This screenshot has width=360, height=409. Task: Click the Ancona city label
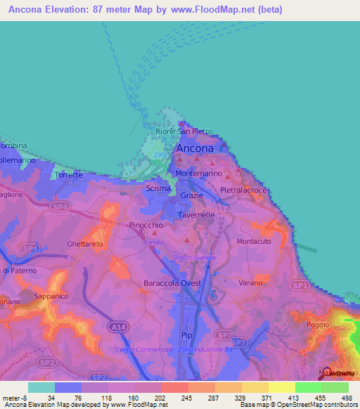(x=195, y=149)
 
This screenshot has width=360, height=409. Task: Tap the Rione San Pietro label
(x=184, y=131)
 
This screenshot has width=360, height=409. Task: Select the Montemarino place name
(x=198, y=173)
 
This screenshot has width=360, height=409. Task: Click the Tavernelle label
(x=195, y=216)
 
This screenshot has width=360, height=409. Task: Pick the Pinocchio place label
(x=147, y=226)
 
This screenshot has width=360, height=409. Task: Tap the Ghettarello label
(x=85, y=244)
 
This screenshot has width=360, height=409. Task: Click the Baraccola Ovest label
(x=172, y=283)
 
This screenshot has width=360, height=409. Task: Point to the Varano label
(x=250, y=283)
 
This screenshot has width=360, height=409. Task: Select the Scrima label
(x=157, y=189)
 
